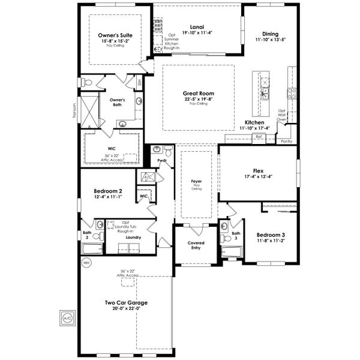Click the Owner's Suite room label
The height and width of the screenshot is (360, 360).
tap(115, 35)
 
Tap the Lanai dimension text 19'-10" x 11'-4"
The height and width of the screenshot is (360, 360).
tap(196, 33)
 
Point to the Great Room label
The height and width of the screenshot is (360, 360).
tap(197, 94)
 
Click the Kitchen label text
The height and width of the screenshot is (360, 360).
tap(254, 122)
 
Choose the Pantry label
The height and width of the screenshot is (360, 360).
tap(287, 141)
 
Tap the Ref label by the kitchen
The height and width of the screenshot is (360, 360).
tap(259, 137)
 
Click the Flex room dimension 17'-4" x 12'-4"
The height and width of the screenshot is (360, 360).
tap(258, 176)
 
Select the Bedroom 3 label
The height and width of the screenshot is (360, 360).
tap(271, 235)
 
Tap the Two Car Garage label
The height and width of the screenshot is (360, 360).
tap(126, 303)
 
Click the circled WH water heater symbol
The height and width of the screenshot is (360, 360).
tap(86, 263)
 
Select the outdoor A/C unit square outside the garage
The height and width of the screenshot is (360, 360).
tap(67, 317)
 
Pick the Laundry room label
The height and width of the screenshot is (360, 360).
tap(133, 237)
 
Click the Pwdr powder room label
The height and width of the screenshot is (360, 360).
tap(161, 161)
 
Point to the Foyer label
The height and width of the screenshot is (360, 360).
tap(197, 181)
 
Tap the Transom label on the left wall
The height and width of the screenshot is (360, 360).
tap(74, 112)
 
